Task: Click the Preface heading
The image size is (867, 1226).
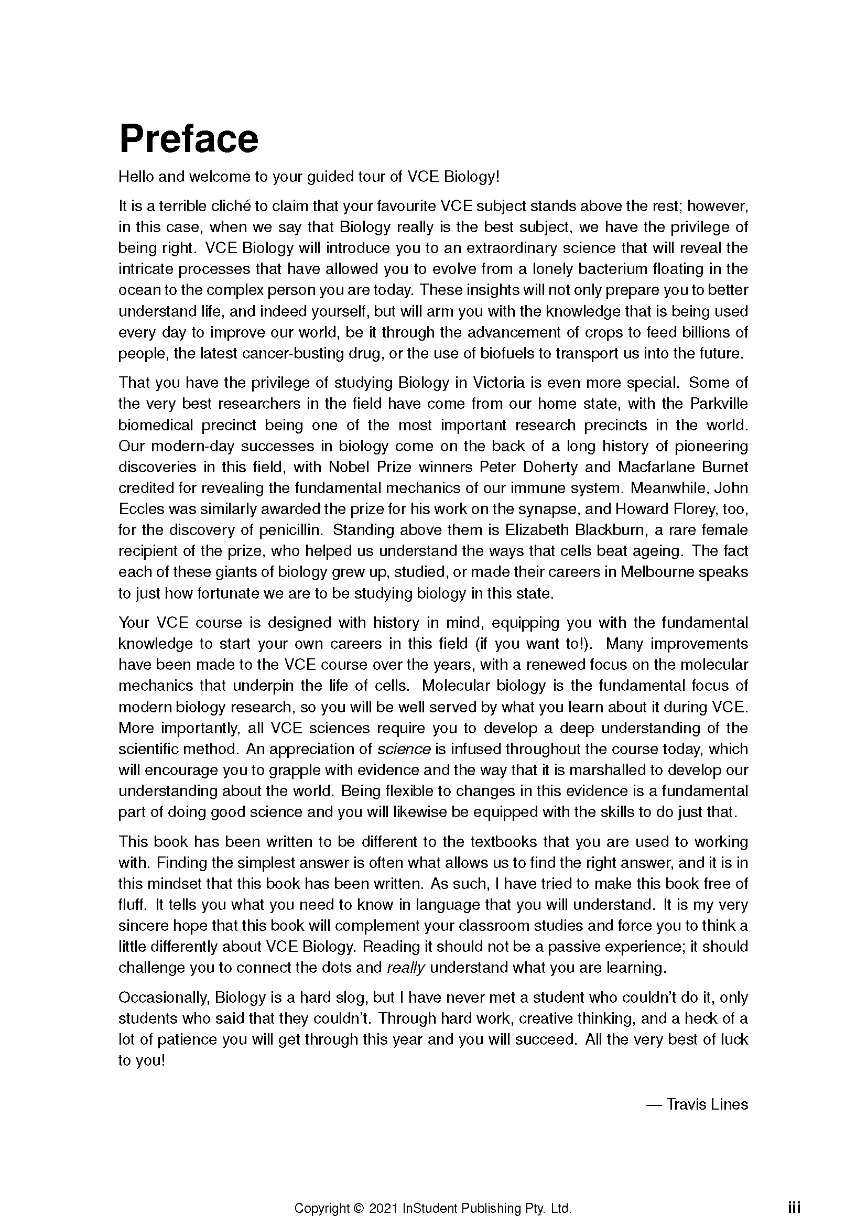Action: [189, 139]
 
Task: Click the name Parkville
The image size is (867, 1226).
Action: [719, 404]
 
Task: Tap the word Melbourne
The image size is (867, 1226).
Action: [657, 572]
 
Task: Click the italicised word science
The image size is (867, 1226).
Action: [404, 749]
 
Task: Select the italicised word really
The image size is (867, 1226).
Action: [405, 968]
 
